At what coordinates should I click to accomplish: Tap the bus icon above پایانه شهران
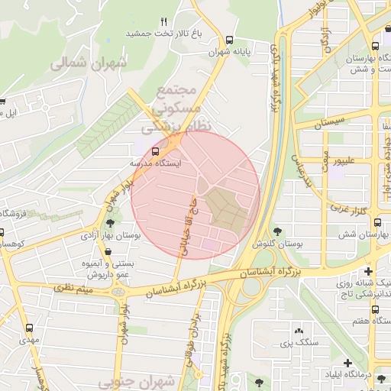point(230,40)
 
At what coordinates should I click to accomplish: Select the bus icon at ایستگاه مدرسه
point(157,151)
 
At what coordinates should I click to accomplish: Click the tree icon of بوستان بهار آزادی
point(111,223)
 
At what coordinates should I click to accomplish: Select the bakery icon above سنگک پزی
point(298,331)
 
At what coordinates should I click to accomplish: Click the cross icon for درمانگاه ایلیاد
point(347,363)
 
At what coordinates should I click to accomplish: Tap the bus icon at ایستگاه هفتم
point(374,309)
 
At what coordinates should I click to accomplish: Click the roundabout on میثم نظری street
point(118,292)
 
